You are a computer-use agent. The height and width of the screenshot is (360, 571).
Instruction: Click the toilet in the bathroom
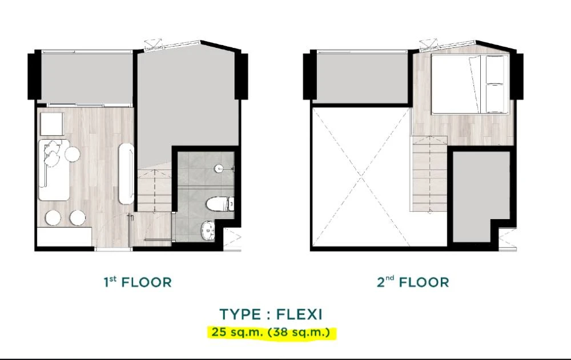[220, 204]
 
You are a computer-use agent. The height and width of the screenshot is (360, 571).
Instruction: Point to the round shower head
[219, 168]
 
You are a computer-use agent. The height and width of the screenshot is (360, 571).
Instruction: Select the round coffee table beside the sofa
[72, 154]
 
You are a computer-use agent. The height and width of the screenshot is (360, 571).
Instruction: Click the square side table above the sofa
[52, 124]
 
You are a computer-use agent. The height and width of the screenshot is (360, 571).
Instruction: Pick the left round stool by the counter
[53, 218]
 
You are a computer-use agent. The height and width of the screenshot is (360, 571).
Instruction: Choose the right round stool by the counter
[78, 218]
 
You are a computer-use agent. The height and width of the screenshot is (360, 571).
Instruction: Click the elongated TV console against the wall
[126, 173]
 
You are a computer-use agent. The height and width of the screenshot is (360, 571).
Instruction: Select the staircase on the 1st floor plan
[155, 190]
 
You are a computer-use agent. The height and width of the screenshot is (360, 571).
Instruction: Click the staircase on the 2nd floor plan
[429, 173]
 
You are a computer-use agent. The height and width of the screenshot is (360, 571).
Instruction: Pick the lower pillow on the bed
[495, 98]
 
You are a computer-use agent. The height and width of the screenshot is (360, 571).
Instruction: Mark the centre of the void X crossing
[361, 177]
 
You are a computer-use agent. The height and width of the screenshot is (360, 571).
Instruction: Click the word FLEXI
[299, 314]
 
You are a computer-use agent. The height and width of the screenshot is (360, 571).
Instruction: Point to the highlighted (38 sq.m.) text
[299, 333]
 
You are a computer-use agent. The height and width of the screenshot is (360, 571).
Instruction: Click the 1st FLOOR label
[138, 282]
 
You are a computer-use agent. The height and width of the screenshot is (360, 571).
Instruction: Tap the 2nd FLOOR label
[413, 282]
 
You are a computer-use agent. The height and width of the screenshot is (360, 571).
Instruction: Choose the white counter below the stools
[65, 237]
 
